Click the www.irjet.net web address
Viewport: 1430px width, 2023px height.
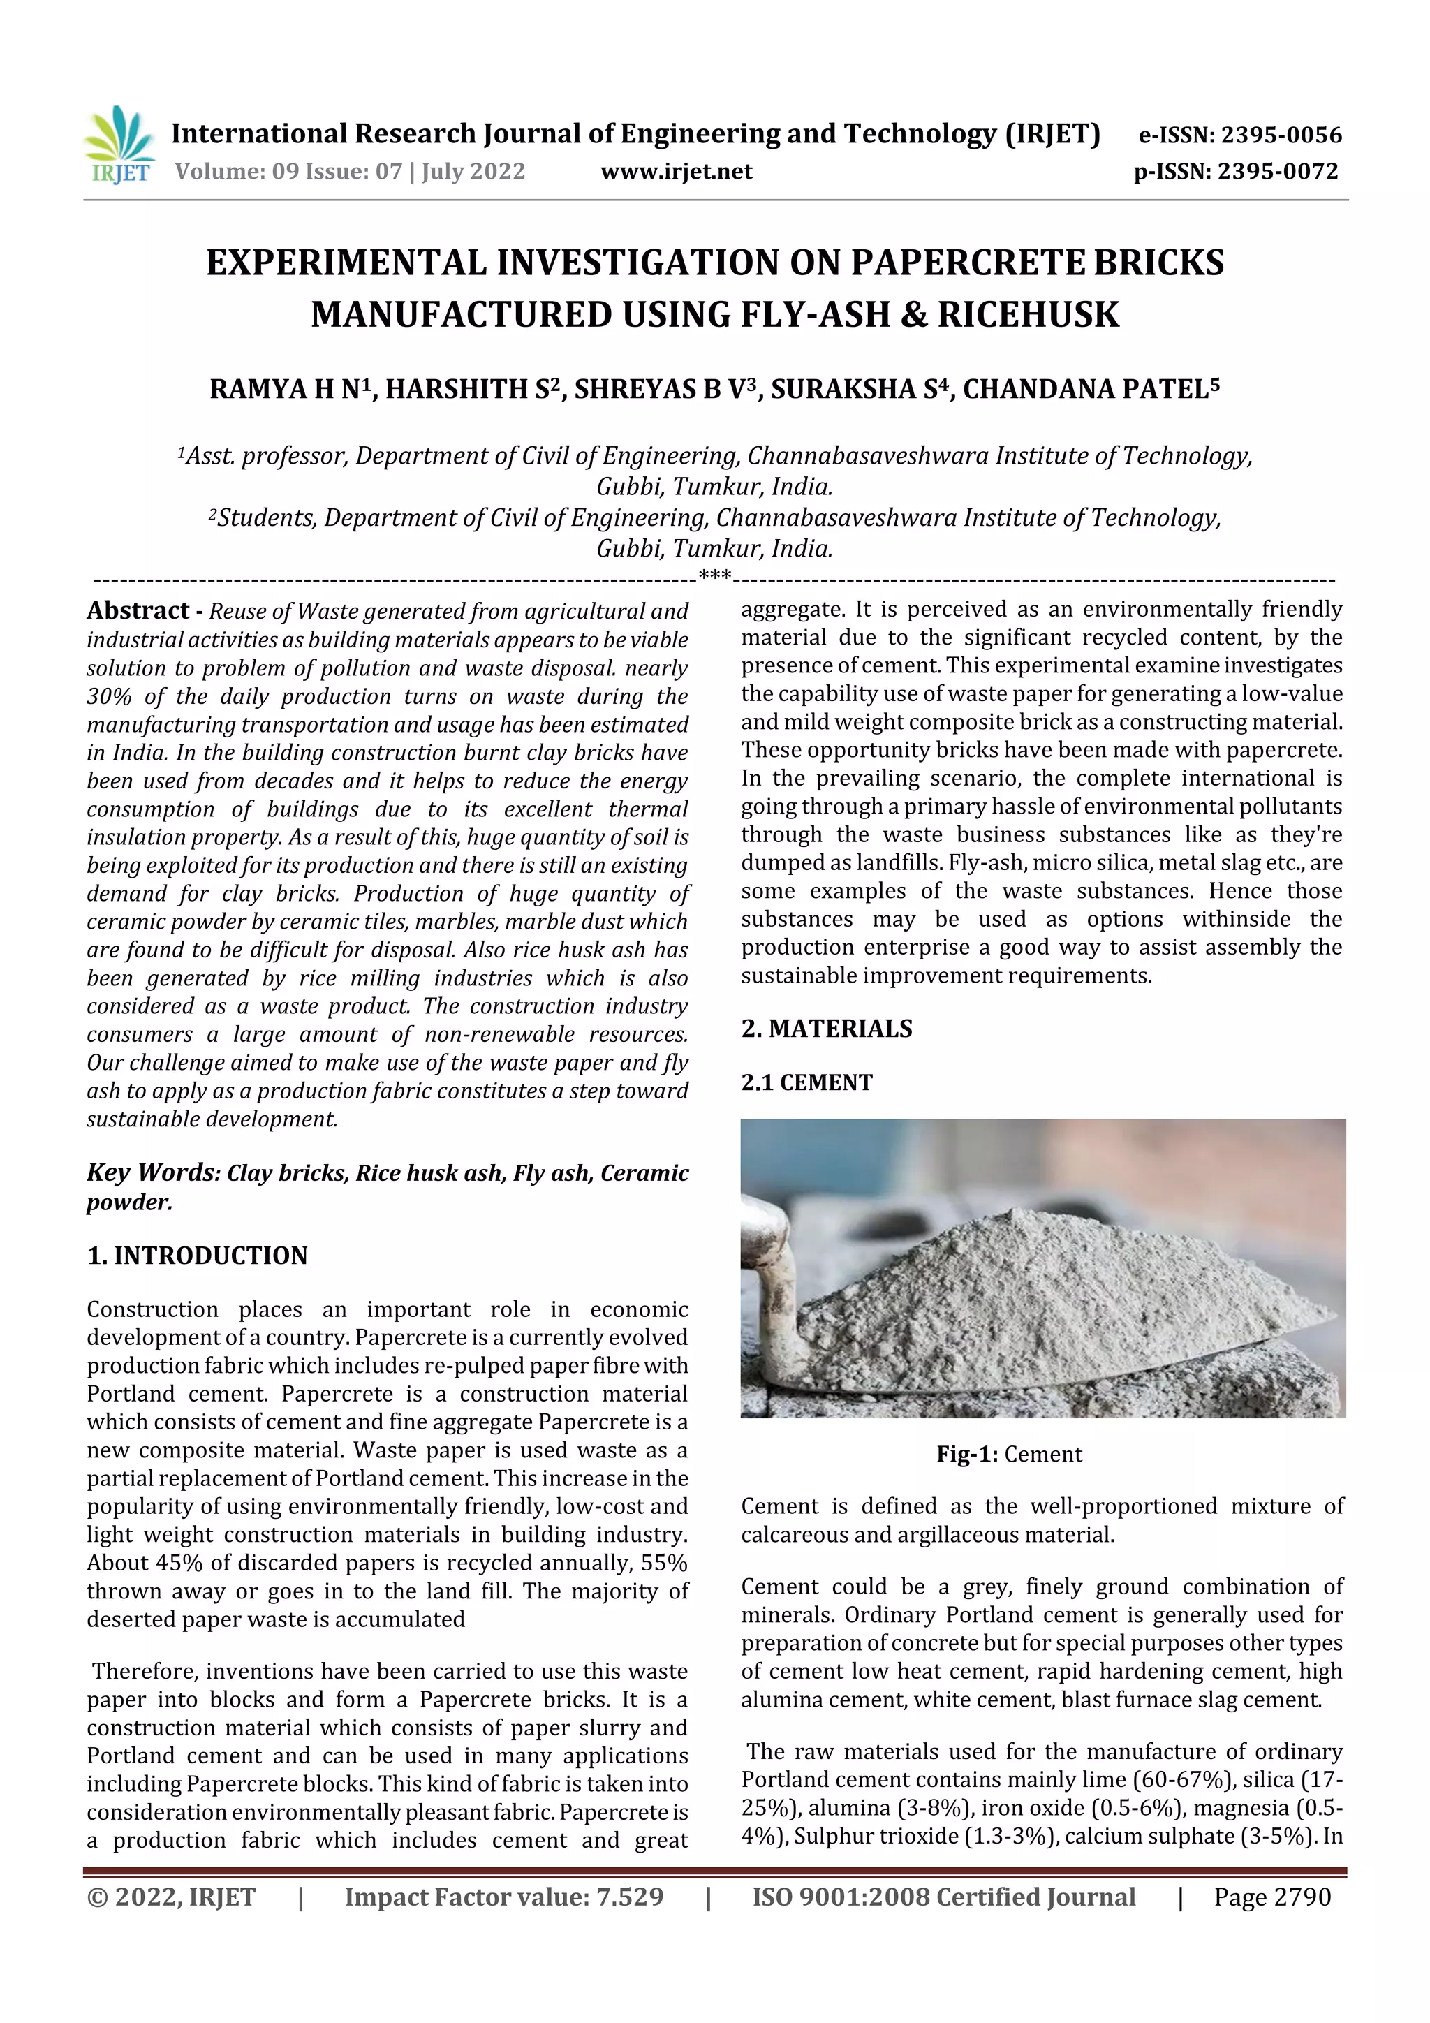click(x=676, y=172)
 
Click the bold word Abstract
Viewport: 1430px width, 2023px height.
click(x=138, y=610)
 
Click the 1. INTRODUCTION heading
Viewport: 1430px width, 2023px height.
click(x=198, y=1255)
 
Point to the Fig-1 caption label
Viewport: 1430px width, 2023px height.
click(x=966, y=1454)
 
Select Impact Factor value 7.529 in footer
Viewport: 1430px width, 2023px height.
click(x=504, y=1897)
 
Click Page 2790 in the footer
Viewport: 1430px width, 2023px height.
click(x=1271, y=1897)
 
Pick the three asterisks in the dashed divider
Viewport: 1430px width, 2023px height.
click(x=714, y=577)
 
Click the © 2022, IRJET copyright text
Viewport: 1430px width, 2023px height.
click(x=172, y=1897)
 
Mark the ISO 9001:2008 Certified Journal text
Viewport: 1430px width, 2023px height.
click(x=943, y=1897)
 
